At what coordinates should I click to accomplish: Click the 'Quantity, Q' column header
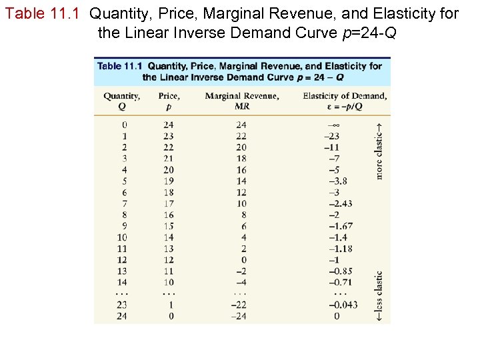tap(121, 101)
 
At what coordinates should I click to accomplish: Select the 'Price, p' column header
tap(169, 101)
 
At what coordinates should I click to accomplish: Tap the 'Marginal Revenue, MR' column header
tap(241, 101)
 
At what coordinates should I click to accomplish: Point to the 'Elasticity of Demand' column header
tap(344, 96)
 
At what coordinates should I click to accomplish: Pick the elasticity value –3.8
tap(337, 181)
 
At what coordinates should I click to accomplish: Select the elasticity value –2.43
tap(340, 203)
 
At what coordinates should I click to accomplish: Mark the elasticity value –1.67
tap(340, 226)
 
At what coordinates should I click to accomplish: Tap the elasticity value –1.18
tap(340, 249)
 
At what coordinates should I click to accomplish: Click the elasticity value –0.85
tap(340, 271)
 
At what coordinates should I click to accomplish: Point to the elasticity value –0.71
tap(340, 282)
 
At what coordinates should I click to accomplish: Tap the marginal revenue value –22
tap(239, 305)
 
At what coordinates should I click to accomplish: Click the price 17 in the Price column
tap(169, 203)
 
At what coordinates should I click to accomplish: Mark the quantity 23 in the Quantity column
tap(121, 305)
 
